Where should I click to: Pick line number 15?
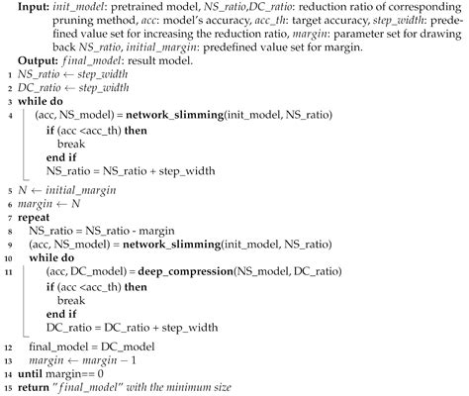pyautogui.click(x=7, y=387)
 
